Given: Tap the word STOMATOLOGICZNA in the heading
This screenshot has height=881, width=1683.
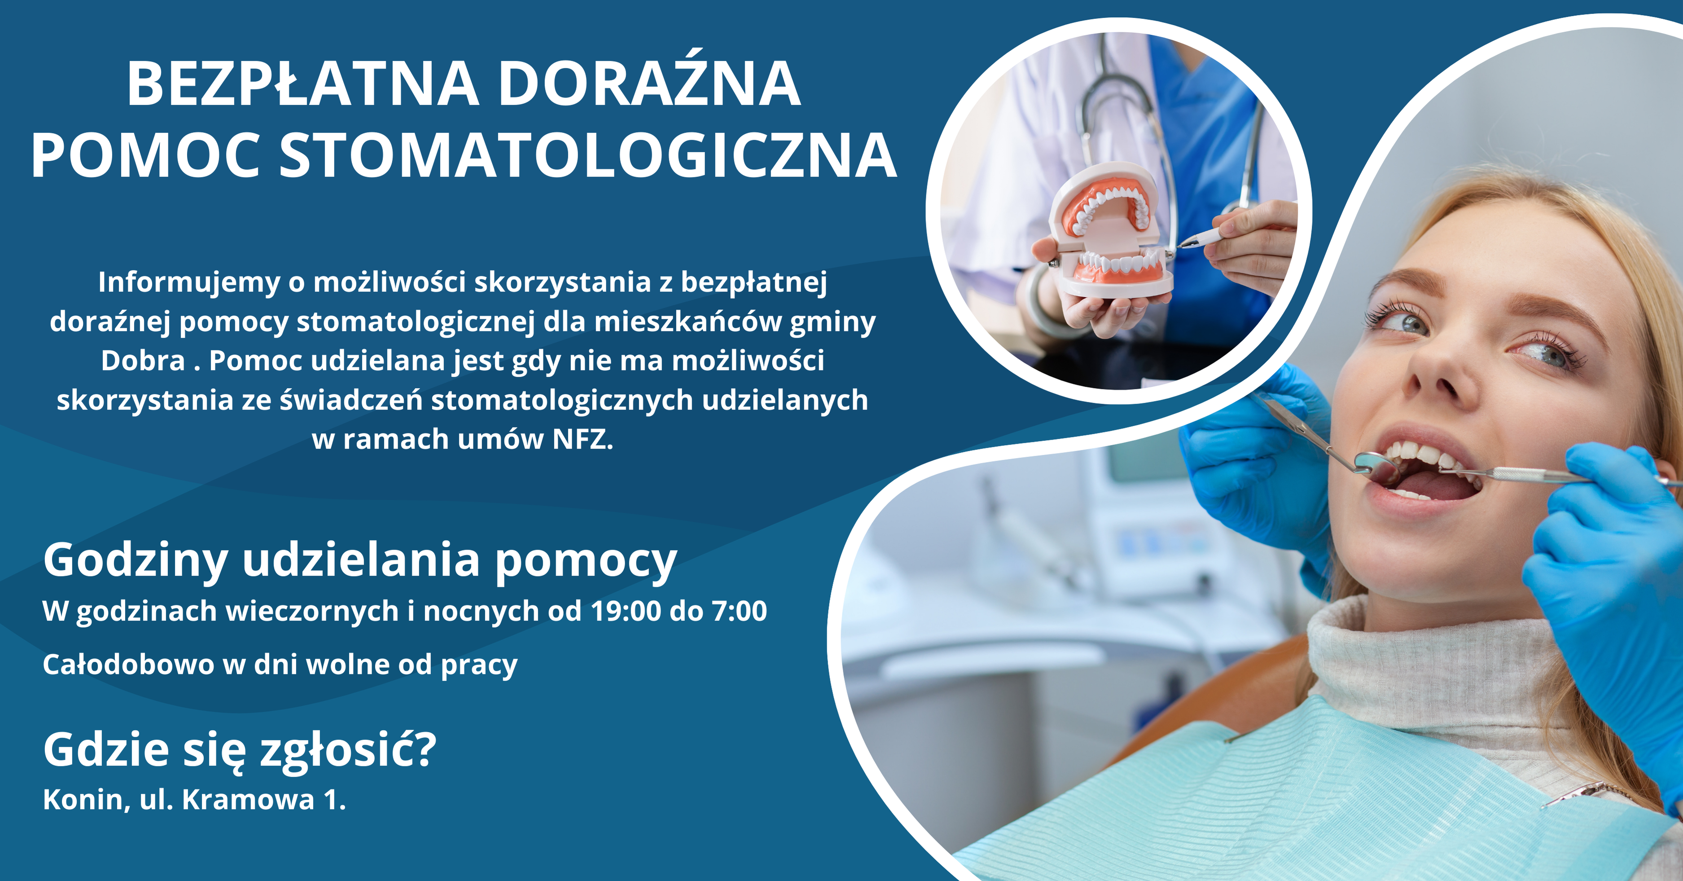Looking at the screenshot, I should coord(588,157).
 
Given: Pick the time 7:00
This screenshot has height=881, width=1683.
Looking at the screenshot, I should coord(739,611).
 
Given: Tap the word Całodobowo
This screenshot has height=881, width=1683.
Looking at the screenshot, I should coord(128,665).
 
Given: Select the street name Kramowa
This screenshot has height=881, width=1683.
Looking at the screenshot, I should coord(248,799).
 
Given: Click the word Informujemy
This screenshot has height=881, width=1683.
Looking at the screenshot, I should coord(188,282).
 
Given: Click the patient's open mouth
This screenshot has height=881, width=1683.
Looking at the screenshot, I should coord(1424,474).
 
